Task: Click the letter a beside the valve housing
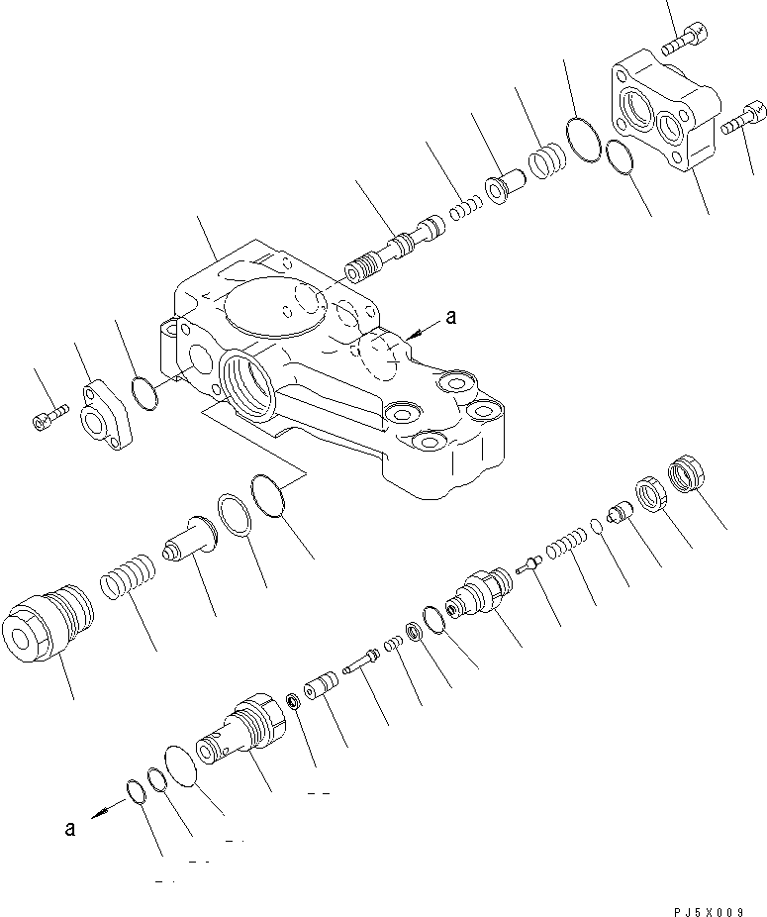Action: [x=451, y=318]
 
